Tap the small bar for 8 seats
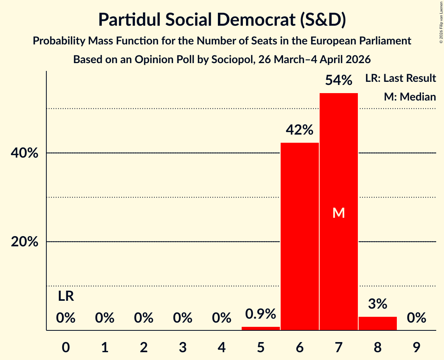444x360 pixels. (377, 323)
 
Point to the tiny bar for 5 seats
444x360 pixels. (260, 328)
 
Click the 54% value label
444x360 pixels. (338, 81)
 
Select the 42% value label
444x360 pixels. (299, 130)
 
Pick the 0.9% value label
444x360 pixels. (260, 314)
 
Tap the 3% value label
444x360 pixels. (377, 304)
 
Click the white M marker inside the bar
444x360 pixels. (338, 213)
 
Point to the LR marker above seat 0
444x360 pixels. (66, 296)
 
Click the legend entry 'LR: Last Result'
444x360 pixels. (400, 78)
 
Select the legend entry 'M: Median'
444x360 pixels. (409, 97)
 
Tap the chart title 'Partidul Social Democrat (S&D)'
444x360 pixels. (222, 20)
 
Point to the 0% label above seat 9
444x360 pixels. (416, 318)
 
